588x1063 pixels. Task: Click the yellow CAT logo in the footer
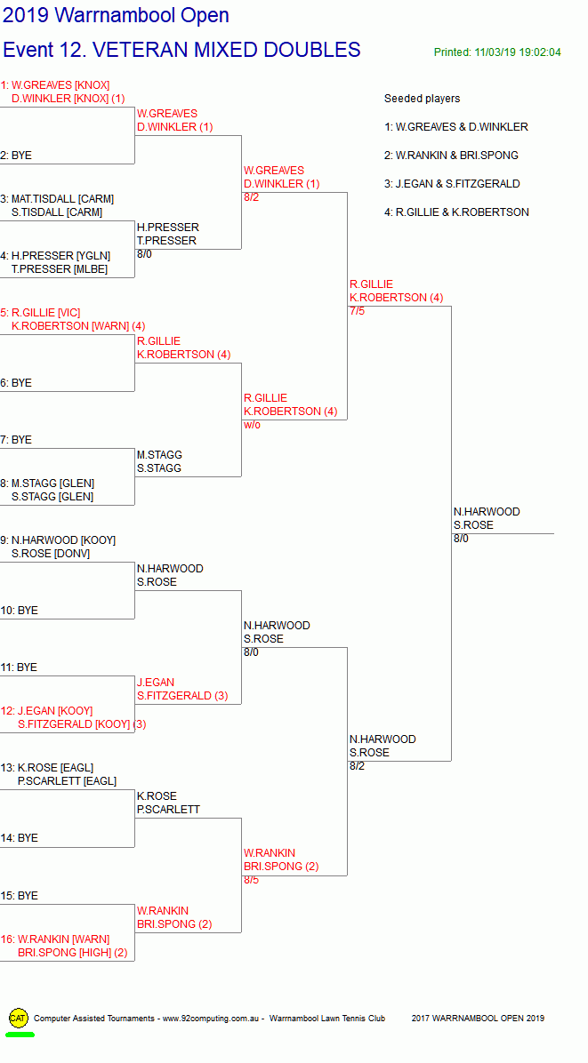coord(19,1018)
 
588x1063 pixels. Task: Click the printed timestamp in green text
coord(497,52)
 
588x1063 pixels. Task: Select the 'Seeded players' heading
coord(422,99)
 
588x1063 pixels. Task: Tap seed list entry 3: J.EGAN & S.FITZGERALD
coord(452,184)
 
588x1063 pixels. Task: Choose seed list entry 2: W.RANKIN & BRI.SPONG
coord(451,156)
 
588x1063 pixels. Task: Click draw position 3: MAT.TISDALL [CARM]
coord(57,198)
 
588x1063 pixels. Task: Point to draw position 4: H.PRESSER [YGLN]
coord(55,256)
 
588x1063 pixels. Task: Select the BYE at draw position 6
coord(16,383)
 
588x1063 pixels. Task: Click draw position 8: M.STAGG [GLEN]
coord(47,484)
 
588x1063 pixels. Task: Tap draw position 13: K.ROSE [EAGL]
coord(47,767)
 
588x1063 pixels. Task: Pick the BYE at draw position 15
coord(19,896)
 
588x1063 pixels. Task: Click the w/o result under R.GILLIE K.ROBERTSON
coord(252,425)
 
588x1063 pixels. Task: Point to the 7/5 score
coord(357,311)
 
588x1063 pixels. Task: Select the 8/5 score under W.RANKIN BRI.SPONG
coord(251,880)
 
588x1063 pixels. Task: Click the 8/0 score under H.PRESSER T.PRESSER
coord(144,254)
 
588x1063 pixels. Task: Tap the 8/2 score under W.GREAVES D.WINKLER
coord(251,197)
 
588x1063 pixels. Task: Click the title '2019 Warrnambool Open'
coord(116,15)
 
